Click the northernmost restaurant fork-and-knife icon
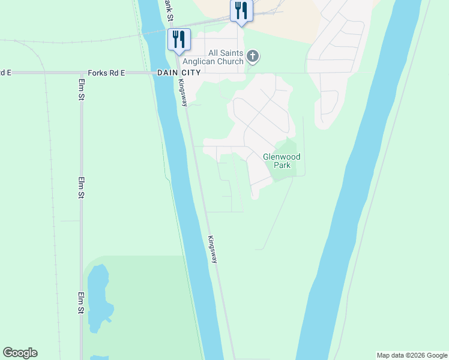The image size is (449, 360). (x=241, y=11)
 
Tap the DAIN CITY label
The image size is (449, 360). (x=178, y=73)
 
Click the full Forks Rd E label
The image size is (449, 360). (x=106, y=73)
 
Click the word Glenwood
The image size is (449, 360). (x=282, y=157)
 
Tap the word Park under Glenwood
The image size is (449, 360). (x=282, y=165)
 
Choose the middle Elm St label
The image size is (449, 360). (x=80, y=188)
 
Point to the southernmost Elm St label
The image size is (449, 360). (x=80, y=303)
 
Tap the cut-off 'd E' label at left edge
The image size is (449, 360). (x=5, y=73)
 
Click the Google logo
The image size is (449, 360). (x=20, y=353)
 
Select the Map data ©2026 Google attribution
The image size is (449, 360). (x=412, y=355)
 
